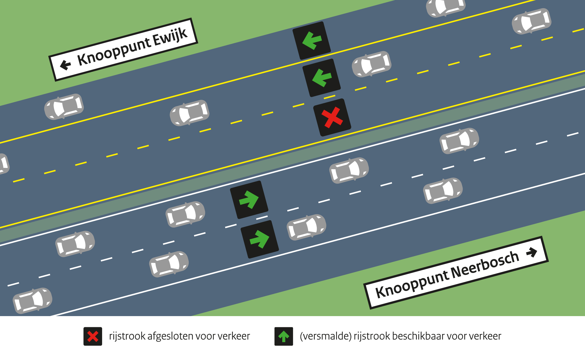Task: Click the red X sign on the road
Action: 332,117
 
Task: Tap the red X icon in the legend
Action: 93,336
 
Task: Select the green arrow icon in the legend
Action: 283,336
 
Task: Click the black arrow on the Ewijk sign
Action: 65,65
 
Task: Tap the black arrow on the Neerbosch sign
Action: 531,252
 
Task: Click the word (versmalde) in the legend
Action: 326,336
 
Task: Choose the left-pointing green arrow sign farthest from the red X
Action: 312,40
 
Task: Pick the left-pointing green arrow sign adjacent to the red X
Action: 321,78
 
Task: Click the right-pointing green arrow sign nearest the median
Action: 249,200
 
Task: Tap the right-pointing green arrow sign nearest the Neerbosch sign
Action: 259,239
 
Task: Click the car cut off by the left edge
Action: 4,164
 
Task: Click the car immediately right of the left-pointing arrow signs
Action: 371,64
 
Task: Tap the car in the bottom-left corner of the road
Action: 32,301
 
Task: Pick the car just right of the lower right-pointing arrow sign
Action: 306,227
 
